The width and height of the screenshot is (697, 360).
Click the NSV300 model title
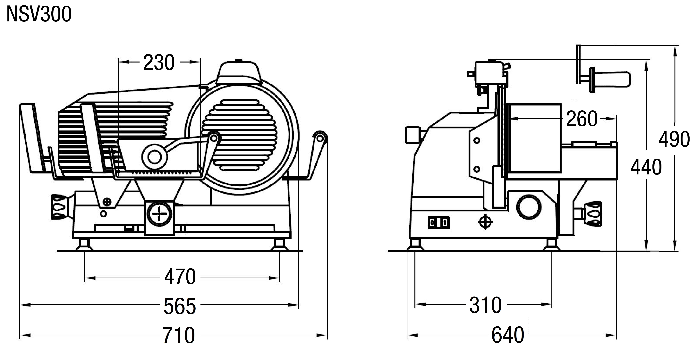coord(39,14)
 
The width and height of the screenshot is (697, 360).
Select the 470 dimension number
coord(180,277)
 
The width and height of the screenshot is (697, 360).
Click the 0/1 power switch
coord(438,223)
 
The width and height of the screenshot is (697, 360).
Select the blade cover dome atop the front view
coord(239,72)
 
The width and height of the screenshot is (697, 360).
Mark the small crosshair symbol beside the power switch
coord(485,222)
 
